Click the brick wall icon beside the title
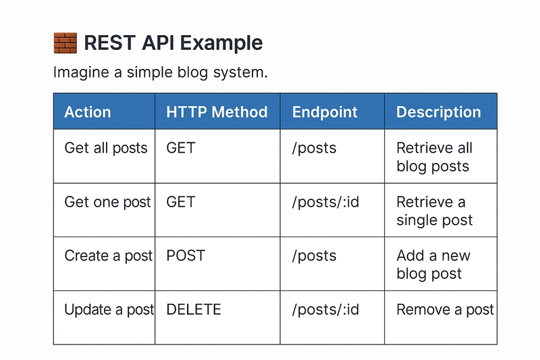click(x=65, y=43)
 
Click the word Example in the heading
click(x=221, y=43)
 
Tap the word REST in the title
click(x=110, y=43)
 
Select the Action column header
click(x=88, y=112)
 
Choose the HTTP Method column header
click(x=217, y=112)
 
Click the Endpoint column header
click(x=325, y=112)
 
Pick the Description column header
click(x=438, y=112)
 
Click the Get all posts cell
click(x=106, y=148)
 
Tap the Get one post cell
click(x=107, y=202)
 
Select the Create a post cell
click(x=109, y=256)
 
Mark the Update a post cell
click(x=109, y=310)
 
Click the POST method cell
click(x=186, y=255)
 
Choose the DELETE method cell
click(x=194, y=309)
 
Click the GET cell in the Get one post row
click(x=181, y=202)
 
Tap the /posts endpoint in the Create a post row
click(x=314, y=256)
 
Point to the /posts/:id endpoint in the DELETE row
click(x=325, y=310)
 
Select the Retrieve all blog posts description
click(x=434, y=157)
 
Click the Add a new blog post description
click(x=433, y=265)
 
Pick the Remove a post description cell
click(x=446, y=310)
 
